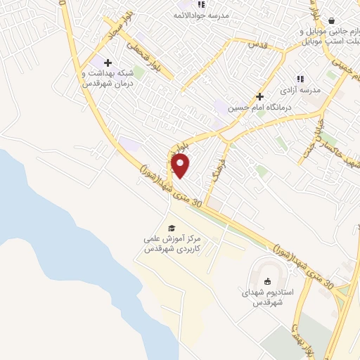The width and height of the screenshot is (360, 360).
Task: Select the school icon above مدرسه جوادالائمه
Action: coord(202,4)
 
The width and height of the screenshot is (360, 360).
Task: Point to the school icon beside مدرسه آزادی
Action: coord(300,79)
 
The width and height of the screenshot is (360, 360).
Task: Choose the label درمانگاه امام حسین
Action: coord(259,108)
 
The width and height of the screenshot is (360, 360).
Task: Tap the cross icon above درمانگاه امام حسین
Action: coord(259,96)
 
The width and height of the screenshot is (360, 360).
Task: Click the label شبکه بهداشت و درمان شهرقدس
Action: coord(107,77)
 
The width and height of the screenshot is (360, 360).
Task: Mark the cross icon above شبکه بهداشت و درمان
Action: coord(107,63)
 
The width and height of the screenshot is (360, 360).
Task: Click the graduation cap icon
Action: coord(172,228)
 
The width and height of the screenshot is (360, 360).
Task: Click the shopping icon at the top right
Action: coord(331,21)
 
